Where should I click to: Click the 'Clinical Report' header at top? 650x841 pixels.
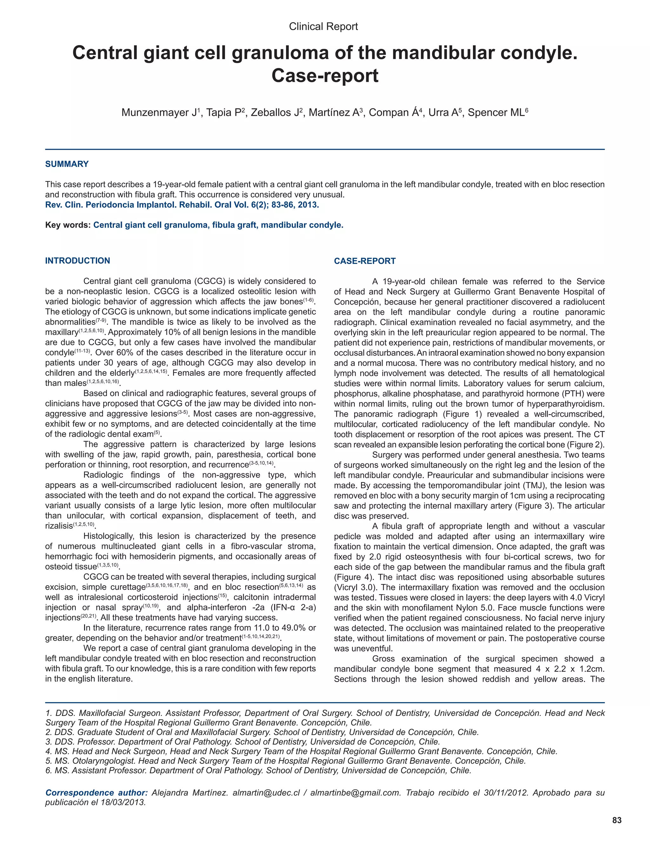tap(323, 27)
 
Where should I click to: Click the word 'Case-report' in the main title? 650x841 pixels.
tap(325, 76)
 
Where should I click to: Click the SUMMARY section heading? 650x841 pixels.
tap(67, 164)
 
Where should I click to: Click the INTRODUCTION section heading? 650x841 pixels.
tap(77, 261)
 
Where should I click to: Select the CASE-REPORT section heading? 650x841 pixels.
tap(364, 261)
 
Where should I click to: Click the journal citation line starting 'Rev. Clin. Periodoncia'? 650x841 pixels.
tap(182, 204)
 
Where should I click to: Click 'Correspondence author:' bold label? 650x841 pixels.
tap(96, 792)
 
